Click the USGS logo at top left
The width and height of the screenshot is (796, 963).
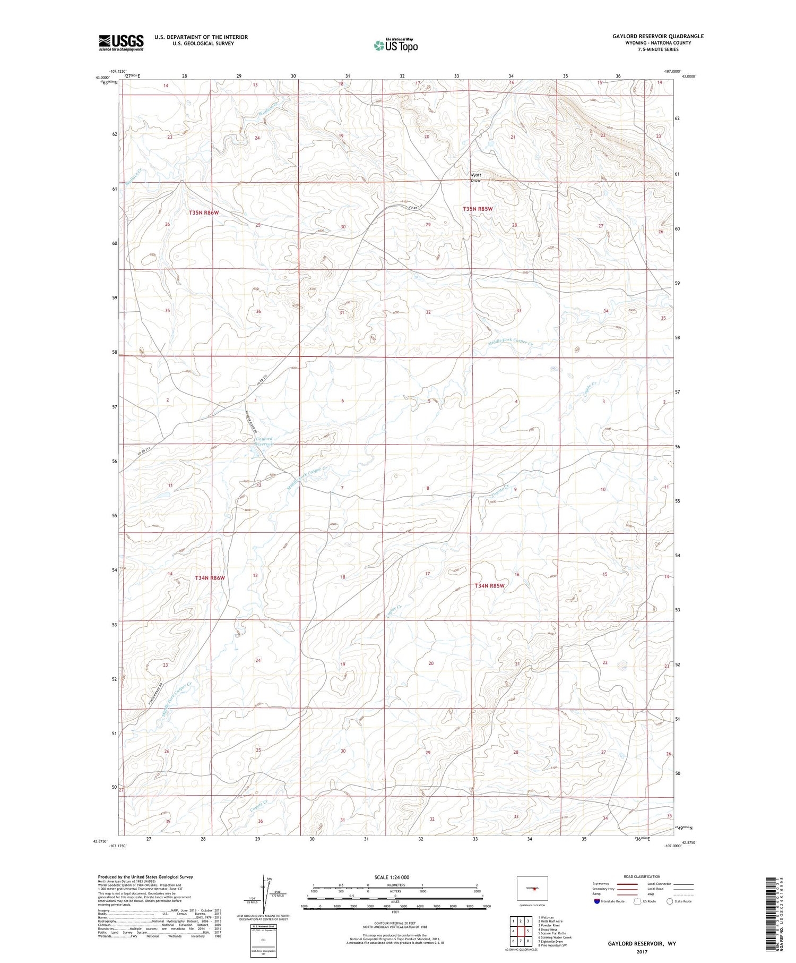coord(121,42)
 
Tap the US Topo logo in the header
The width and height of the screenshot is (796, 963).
coord(395,45)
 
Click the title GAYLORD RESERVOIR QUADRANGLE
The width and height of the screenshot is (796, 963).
coord(658,36)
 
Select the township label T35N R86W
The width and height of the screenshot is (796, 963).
coord(204,212)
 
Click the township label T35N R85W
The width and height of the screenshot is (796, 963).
coord(478,209)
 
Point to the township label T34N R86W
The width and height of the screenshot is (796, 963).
coord(210,577)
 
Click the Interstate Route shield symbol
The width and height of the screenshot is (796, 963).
coord(596,901)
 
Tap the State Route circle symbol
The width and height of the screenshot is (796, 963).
coord(670,901)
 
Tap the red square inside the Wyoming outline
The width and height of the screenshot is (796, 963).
coord(535,888)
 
